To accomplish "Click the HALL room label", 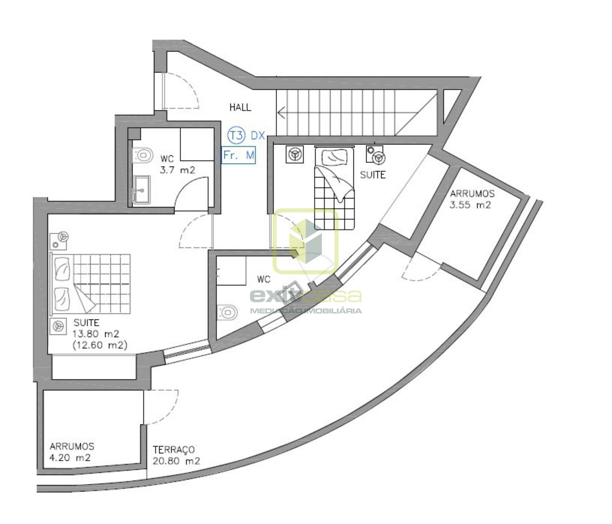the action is point(240,107).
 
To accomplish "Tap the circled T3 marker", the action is point(236,136).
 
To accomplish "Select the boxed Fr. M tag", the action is point(238,155).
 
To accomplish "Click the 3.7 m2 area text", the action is point(178,170).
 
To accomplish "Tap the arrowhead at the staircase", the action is point(281,113).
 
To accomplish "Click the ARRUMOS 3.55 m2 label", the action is point(472,199).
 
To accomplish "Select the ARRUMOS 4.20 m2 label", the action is point(72,452).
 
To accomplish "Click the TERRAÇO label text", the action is point(174,449).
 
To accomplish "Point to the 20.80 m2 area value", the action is point(176,461).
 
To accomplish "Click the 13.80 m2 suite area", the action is point(96,334).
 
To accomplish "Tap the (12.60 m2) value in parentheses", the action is point(100,345).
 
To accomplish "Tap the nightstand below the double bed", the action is point(58,326).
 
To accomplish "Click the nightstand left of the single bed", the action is point(296,154).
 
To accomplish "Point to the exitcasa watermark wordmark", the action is point(306,296).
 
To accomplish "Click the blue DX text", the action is point(258,136).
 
